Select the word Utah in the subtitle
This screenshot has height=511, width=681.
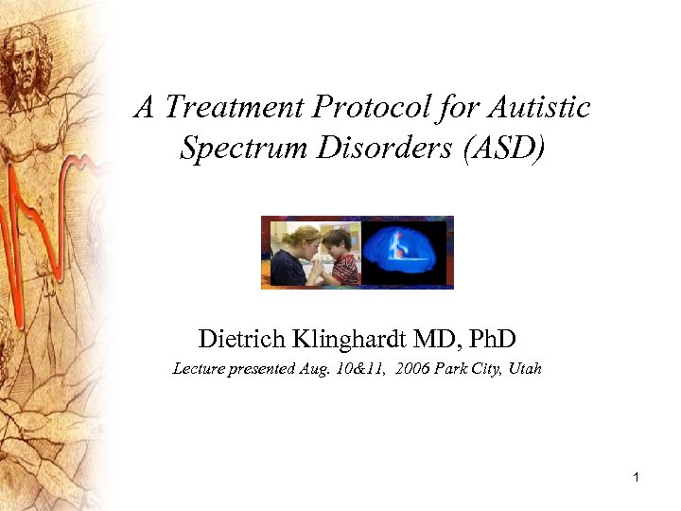pos(525,369)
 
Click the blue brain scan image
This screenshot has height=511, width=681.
pos(405,253)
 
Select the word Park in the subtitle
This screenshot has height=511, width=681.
pos(457,369)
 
